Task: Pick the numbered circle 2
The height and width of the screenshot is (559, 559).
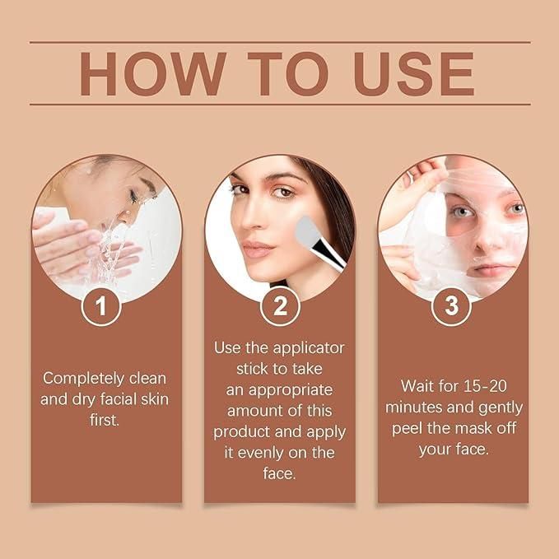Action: (279, 307)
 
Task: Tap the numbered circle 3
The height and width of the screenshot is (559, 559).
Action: (452, 307)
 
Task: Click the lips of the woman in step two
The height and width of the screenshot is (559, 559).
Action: (258, 249)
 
